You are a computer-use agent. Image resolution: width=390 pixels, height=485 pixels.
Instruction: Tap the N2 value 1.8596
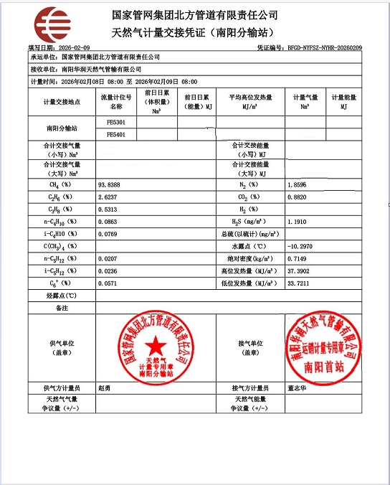tap(297, 185)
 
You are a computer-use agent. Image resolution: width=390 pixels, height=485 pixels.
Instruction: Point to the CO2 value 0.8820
tap(297, 197)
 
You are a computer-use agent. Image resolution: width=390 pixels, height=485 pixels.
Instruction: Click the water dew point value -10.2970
tap(300, 246)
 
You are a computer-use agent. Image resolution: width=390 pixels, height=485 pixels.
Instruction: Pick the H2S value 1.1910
tap(297, 222)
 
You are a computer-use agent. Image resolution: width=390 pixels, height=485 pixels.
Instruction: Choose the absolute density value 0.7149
tap(297, 258)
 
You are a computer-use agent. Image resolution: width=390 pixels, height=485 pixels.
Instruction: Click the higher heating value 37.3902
tap(298, 270)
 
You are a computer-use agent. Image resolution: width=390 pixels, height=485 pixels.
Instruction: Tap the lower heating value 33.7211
tap(298, 283)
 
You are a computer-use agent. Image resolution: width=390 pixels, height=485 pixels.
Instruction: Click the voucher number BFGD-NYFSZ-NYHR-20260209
tap(325, 47)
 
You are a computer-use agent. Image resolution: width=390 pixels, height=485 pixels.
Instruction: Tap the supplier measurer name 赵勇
tap(104, 388)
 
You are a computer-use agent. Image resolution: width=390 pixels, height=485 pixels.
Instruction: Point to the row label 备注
tap(61, 307)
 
